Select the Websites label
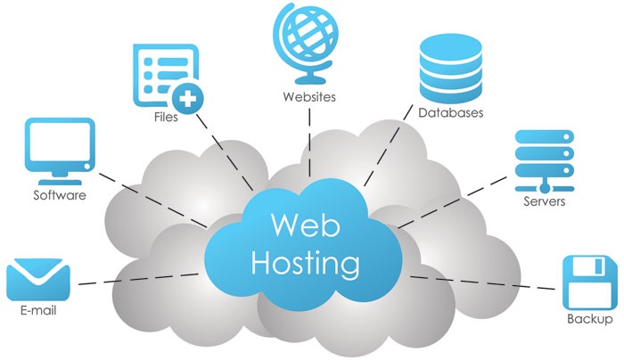tap(309, 96)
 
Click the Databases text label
tap(451, 114)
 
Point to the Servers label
tap(544, 201)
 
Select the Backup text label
tap(590, 319)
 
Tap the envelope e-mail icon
tap(38, 281)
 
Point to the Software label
tap(60, 195)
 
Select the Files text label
tap(164, 117)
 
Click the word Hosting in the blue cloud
tap(307, 263)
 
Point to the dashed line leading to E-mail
tap(134, 280)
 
